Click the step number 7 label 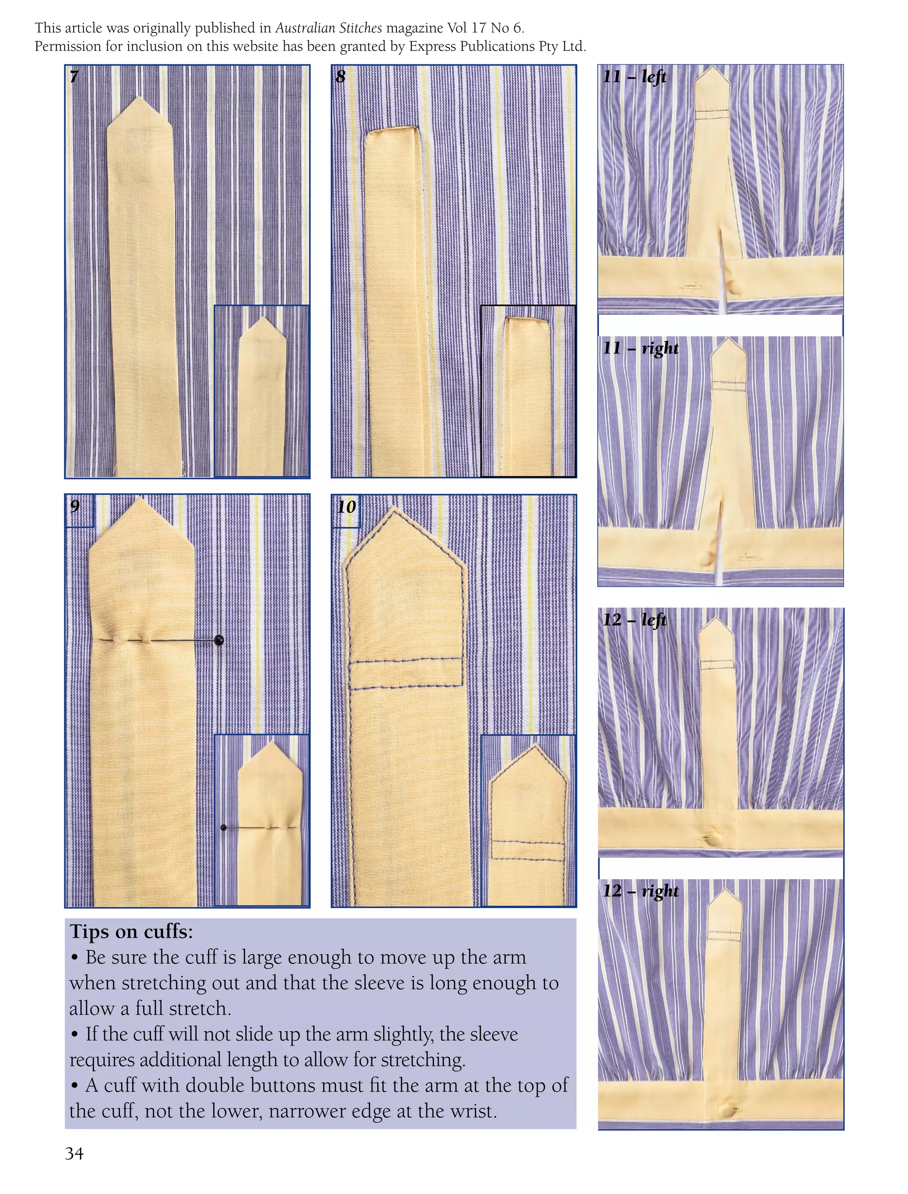74,76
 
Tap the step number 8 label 340,76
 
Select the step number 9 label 75,506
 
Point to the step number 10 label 346,507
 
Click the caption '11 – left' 634,77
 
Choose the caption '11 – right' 641,348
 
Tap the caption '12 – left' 634,619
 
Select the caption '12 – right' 641,891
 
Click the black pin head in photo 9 219,640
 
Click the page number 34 74,1154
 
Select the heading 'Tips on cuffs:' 131,932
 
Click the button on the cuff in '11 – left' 736,286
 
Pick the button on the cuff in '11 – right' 706,558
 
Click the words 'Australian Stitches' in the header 329,27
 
